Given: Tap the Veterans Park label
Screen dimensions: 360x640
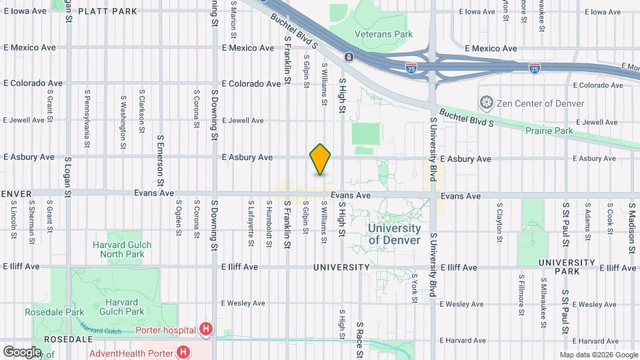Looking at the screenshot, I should [x=383, y=34].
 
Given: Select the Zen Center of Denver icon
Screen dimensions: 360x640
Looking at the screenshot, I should [x=487, y=103].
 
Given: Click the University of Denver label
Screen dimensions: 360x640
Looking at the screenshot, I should [x=394, y=234].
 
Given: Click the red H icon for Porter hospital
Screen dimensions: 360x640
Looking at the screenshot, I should [x=205, y=329].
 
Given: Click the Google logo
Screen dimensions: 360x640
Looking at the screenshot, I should [x=22, y=351].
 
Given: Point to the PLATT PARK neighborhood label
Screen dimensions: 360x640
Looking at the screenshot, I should [x=107, y=11].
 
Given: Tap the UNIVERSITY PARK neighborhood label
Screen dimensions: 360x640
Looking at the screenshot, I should [x=567, y=267].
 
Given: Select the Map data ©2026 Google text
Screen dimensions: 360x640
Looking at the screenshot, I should [x=598, y=355].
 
